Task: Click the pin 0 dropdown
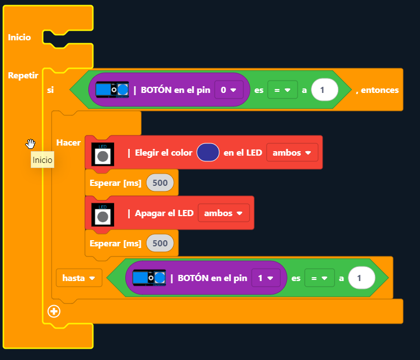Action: tap(229, 90)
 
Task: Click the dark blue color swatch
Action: tap(207, 152)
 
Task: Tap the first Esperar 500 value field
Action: tap(160, 183)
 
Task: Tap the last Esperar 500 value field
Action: tap(160, 243)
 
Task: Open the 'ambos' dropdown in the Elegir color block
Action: tap(292, 152)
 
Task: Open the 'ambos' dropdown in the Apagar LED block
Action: tap(223, 213)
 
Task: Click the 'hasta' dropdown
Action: tap(79, 277)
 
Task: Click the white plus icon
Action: tap(54, 311)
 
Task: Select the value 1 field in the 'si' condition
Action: tap(324, 90)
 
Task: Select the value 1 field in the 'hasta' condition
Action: tap(361, 278)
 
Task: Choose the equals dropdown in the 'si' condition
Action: tap(282, 90)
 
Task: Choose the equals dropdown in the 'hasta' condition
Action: tap(319, 278)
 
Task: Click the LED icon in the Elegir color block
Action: tap(102, 153)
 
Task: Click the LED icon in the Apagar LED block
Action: tap(102, 213)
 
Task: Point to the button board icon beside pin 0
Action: tap(112, 90)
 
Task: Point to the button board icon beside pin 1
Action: tap(149, 278)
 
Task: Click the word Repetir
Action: tap(23, 75)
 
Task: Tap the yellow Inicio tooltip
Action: tap(43, 160)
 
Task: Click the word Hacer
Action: tap(69, 143)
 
